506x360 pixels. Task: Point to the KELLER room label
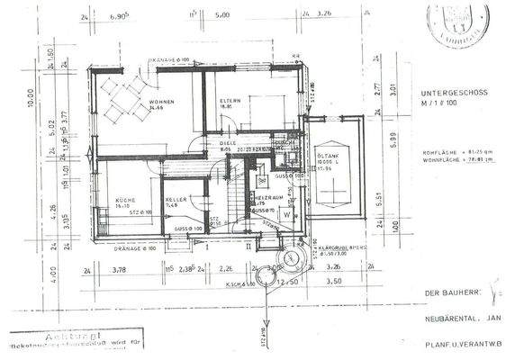tap(176, 201)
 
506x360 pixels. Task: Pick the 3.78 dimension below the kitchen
tap(118, 268)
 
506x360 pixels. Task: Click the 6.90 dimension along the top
tap(118, 16)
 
